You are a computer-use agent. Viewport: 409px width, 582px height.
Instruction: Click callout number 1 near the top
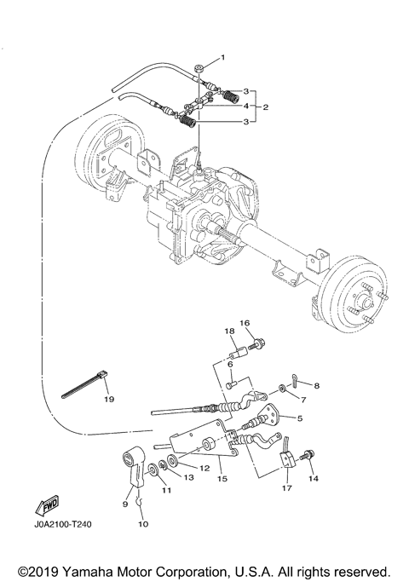(x=223, y=57)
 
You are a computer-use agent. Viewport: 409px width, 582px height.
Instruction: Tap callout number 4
(x=246, y=107)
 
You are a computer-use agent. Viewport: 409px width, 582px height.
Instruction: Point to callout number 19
(x=109, y=398)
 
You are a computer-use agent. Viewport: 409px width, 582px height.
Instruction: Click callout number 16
(x=244, y=324)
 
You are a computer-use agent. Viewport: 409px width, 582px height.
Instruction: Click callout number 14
(x=314, y=479)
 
